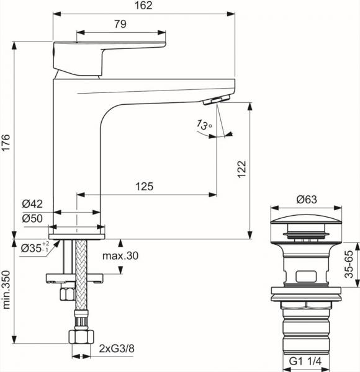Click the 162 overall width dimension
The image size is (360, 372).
[144, 6]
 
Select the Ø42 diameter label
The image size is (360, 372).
[31, 203]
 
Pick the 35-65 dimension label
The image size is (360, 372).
[350, 263]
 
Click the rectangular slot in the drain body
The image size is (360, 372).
[307, 275]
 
